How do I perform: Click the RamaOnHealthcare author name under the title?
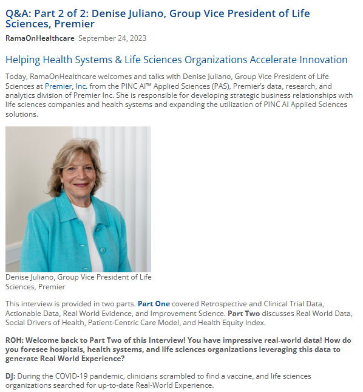(39, 38)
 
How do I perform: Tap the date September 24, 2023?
(112, 38)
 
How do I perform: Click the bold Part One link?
(154, 303)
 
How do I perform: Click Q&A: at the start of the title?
(19, 13)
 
